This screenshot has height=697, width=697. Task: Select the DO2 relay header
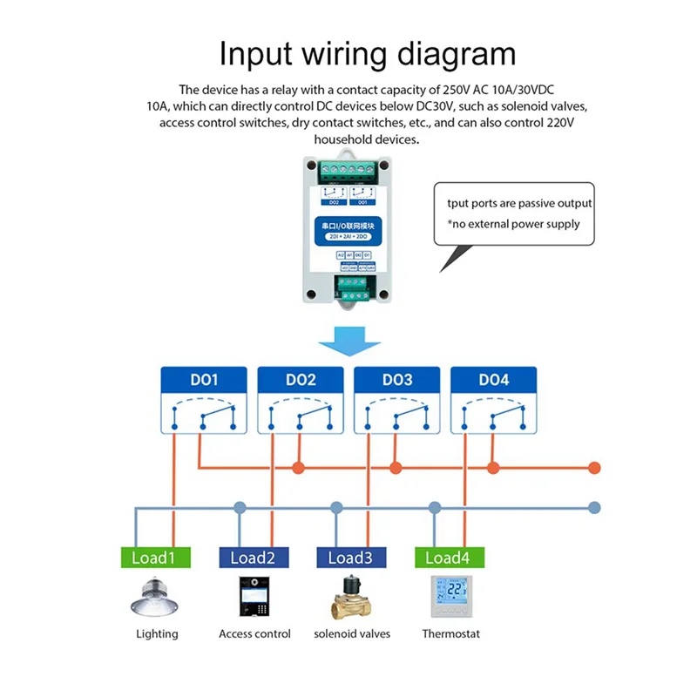tap(300, 380)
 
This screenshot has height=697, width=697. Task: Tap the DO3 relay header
tap(396, 380)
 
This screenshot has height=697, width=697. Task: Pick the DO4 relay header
tap(493, 380)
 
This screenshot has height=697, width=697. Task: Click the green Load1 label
tap(153, 558)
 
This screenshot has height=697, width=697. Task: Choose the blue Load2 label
tap(253, 558)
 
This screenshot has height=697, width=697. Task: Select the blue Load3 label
tap(351, 558)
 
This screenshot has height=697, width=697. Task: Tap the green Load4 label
tap(450, 558)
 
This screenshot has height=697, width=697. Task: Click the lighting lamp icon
tap(156, 598)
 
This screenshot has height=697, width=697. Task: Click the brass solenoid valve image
tap(352, 598)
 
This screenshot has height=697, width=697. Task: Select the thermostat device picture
tap(450, 596)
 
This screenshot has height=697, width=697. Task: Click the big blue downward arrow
tap(348, 341)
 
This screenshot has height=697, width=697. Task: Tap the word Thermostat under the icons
tap(450, 634)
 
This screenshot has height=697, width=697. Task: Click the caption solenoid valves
tap(352, 634)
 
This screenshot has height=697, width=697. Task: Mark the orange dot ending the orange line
tap(596, 468)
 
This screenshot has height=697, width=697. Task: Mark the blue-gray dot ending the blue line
tap(595, 506)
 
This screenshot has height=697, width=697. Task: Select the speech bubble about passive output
tap(514, 213)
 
